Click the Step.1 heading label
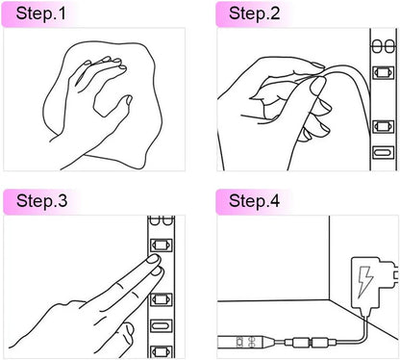[x=40, y=13]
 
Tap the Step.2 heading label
[x=254, y=13]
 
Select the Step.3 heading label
[x=41, y=201]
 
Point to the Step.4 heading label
[x=254, y=201]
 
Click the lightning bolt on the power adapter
[x=365, y=281]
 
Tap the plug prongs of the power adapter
[x=396, y=274]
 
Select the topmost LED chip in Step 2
[x=383, y=72]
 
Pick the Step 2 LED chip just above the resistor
[x=383, y=126]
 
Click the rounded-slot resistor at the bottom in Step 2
[x=383, y=152]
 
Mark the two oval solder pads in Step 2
[x=384, y=46]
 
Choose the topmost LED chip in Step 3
[x=162, y=245]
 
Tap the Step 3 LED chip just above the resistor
[x=162, y=299]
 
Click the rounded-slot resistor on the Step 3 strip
[x=162, y=326]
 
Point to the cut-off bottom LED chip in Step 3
[x=162, y=351]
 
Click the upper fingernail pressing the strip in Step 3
[x=153, y=259]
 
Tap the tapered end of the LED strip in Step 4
[x=268, y=342]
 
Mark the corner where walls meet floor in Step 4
[x=330, y=300]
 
